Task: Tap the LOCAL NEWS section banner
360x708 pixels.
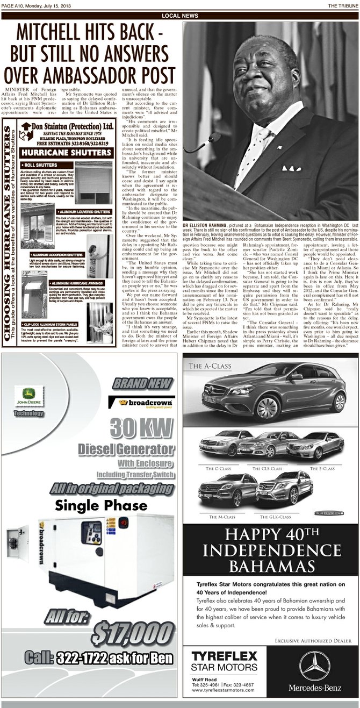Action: pyautogui.click(x=179, y=16)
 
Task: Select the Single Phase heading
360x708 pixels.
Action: pyautogui.click(x=101, y=505)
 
